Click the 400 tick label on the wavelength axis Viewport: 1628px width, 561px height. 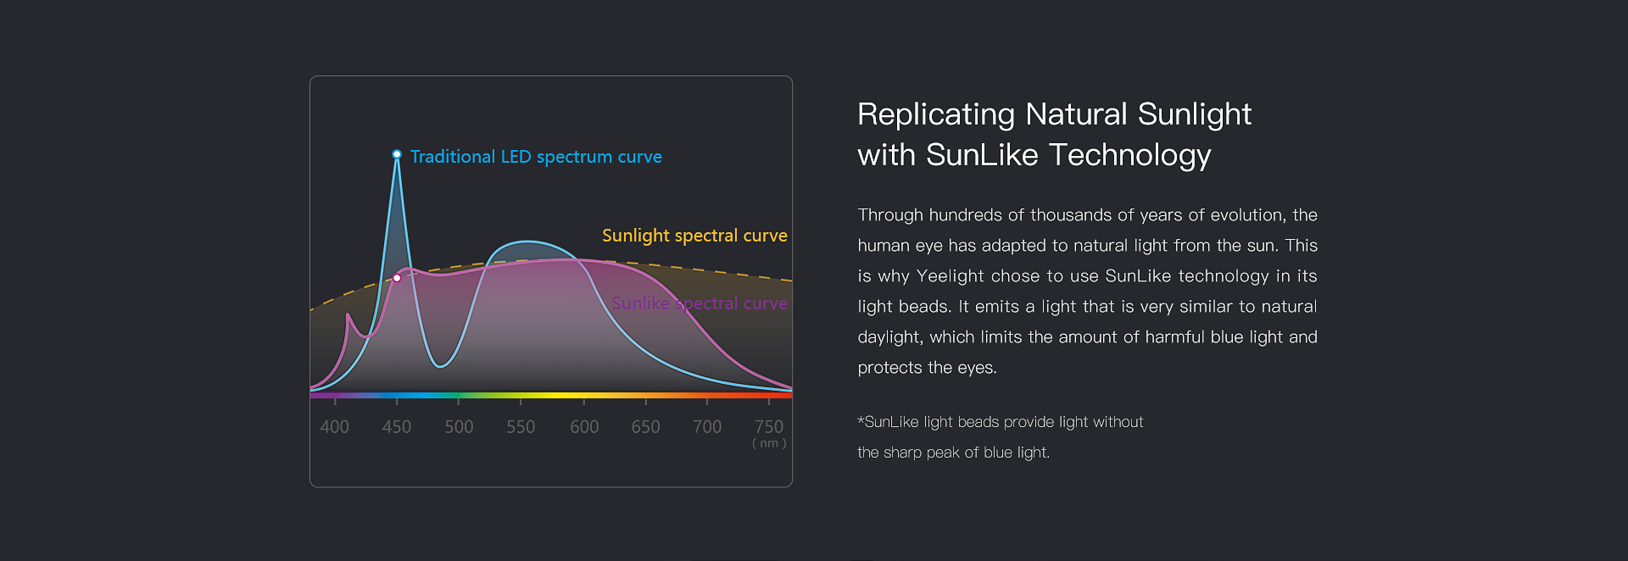pyautogui.click(x=334, y=427)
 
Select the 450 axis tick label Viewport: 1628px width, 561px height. pyautogui.click(x=397, y=427)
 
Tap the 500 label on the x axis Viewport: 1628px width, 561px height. pyautogui.click(x=459, y=427)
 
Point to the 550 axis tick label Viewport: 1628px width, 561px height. pyautogui.click(x=521, y=427)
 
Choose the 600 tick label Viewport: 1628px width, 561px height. pyautogui.click(x=584, y=427)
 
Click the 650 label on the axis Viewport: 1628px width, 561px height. pyautogui.click(x=645, y=427)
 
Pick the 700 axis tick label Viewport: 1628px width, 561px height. pyautogui.click(x=707, y=427)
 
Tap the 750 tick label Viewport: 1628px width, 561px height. pyautogui.click(x=769, y=427)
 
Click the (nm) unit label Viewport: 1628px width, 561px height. pyautogui.click(x=769, y=443)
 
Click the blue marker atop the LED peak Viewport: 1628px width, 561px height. pyautogui.click(x=397, y=154)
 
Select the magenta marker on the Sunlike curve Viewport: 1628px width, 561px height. pyautogui.click(x=397, y=278)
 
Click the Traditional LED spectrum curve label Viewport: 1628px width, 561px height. pyautogui.click(x=536, y=157)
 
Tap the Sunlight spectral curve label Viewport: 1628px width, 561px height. pyautogui.click(x=694, y=236)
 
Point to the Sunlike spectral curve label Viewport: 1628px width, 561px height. pyautogui.click(x=700, y=303)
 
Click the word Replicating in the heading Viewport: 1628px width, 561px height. pyautogui.click(x=936, y=115)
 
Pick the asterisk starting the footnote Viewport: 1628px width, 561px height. pyautogui.click(x=861, y=420)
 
